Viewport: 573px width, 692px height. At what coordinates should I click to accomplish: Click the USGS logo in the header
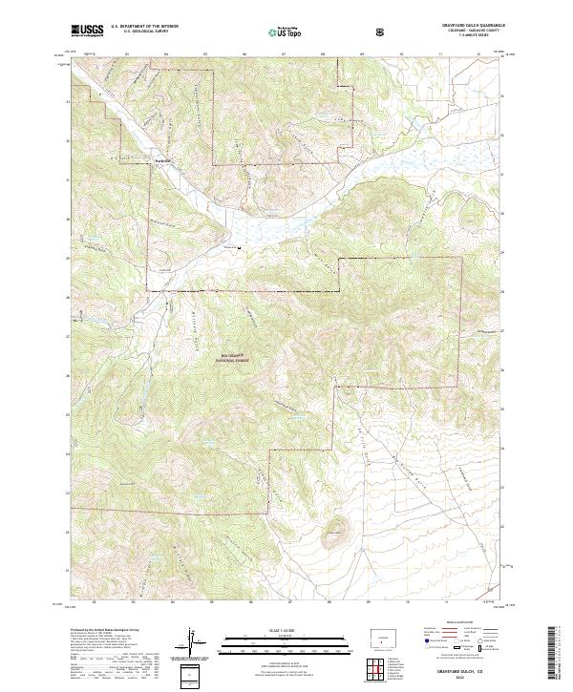pyautogui.click(x=87, y=31)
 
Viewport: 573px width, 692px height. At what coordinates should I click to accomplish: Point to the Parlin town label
pyautogui.click(x=162, y=160)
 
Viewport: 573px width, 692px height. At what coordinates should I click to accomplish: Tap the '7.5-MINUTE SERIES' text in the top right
pyautogui.click(x=464, y=37)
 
